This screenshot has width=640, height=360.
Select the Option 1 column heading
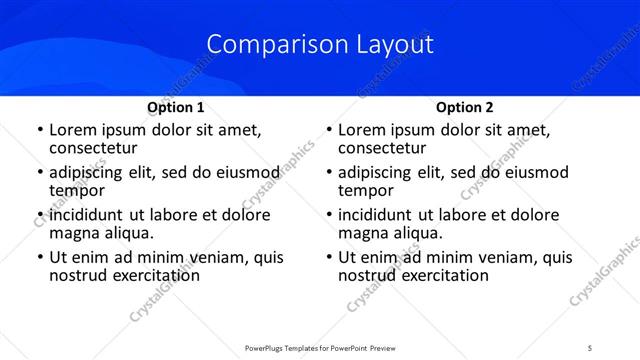(x=176, y=107)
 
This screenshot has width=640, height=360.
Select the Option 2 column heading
(x=465, y=107)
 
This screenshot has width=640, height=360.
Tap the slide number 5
(x=590, y=347)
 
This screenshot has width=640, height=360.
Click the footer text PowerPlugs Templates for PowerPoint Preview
(x=319, y=347)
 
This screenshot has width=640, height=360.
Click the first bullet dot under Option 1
(x=39, y=131)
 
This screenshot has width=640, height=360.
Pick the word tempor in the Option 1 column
(x=77, y=191)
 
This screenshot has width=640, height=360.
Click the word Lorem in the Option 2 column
(x=362, y=130)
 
